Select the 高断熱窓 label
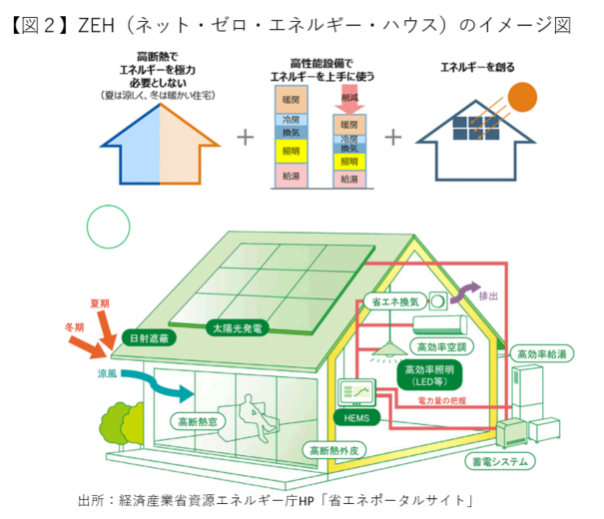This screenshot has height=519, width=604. coord(198,422)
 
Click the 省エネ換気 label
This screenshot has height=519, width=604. coord(395,299)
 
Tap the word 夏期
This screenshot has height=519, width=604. coord(99,301)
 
